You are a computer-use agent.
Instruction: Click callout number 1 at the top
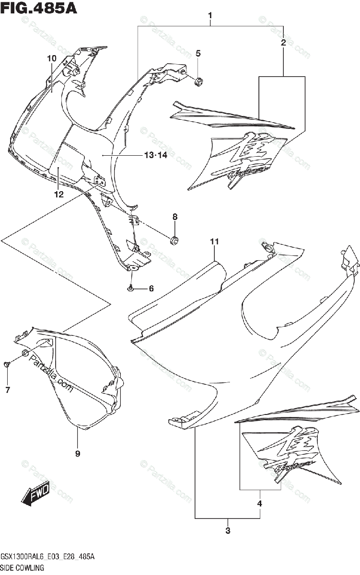pyautogui.click(x=210, y=16)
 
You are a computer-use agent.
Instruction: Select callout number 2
pyautogui.click(x=283, y=43)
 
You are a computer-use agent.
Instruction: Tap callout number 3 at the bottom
pyautogui.click(x=228, y=530)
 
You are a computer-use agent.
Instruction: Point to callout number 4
pyautogui.click(x=259, y=504)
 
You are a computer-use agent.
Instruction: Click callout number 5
pyautogui.click(x=198, y=53)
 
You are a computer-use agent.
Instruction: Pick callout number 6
pyautogui.click(x=151, y=288)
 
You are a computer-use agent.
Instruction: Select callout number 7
pyautogui.click(x=8, y=391)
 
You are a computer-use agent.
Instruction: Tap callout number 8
pyautogui.click(x=175, y=217)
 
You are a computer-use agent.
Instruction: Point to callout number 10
pyautogui.click(x=51, y=58)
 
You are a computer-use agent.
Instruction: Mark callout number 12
pyautogui.click(x=58, y=195)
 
